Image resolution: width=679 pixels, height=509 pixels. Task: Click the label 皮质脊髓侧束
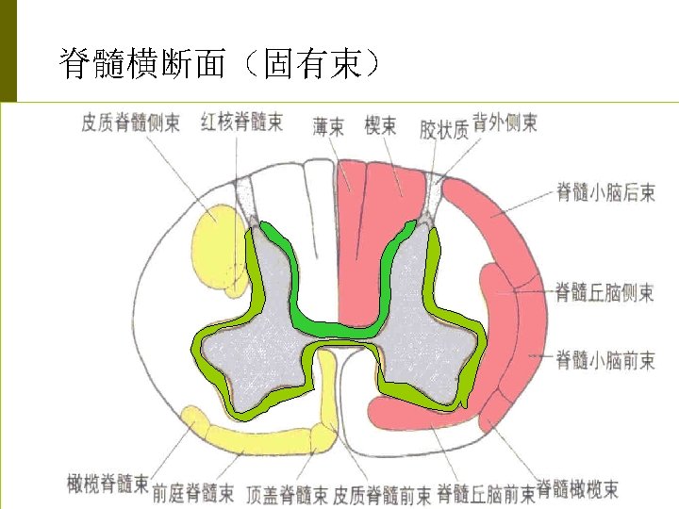(x=130, y=123)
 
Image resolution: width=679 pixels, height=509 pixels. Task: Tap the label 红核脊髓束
(x=241, y=123)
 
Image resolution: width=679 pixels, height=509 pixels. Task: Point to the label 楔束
(x=381, y=126)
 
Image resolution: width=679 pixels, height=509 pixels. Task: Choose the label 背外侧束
(x=505, y=123)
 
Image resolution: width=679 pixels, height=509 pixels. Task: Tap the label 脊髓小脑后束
(x=604, y=193)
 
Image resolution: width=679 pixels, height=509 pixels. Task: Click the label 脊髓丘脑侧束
(x=604, y=292)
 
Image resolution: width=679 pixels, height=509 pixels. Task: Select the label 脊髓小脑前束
(x=604, y=359)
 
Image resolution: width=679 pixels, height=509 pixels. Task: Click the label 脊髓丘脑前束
(x=485, y=493)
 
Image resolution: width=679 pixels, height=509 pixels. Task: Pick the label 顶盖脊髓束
(x=287, y=493)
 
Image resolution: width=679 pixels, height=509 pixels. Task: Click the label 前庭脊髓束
(x=193, y=493)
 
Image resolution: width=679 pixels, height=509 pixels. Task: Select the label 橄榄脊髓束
(x=108, y=484)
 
